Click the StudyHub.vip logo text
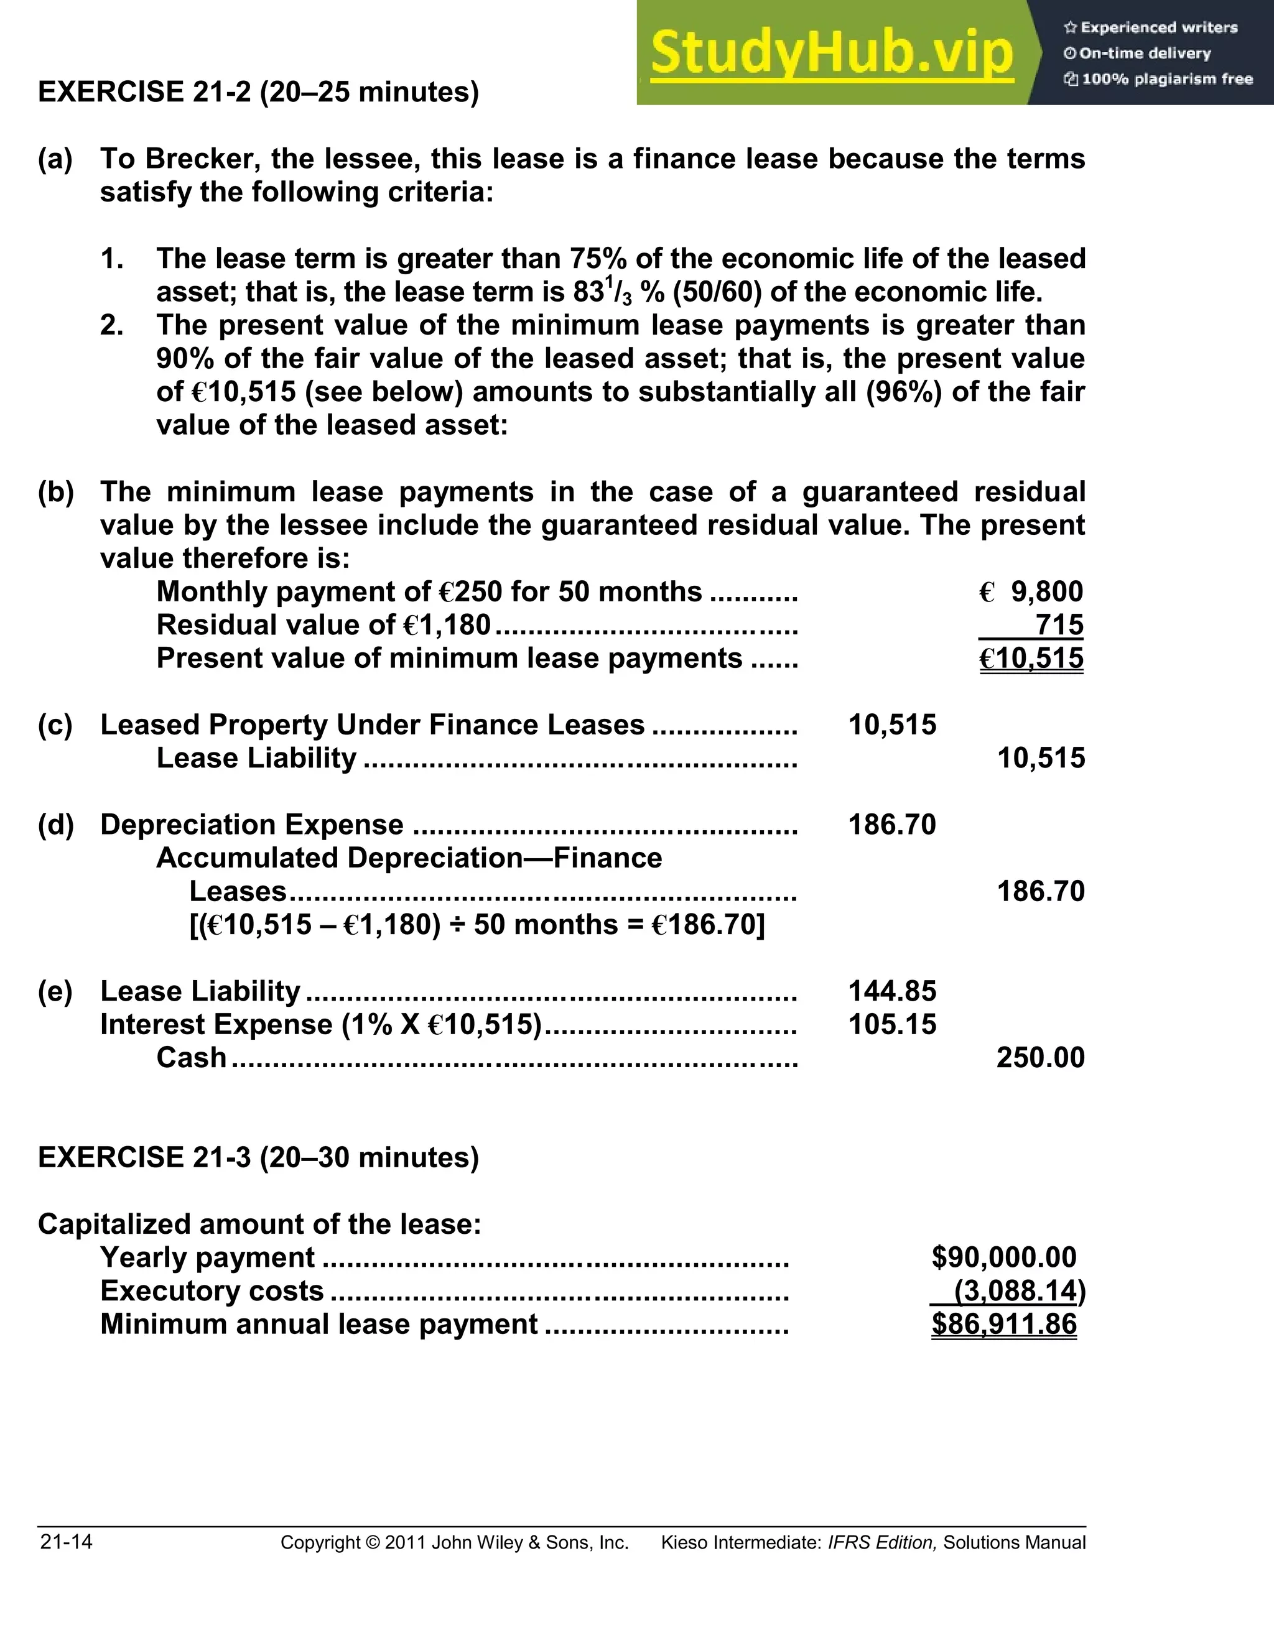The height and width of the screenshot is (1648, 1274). click(831, 52)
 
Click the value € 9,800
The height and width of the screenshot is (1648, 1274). click(1031, 592)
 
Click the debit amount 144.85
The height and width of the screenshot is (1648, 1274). click(891, 991)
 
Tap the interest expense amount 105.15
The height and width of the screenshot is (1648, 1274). click(891, 1025)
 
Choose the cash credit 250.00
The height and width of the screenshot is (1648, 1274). click(1040, 1058)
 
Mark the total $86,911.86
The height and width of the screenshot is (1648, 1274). click(1004, 1324)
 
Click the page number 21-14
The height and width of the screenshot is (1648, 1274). click(67, 1542)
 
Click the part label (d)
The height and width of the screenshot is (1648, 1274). click(56, 825)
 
